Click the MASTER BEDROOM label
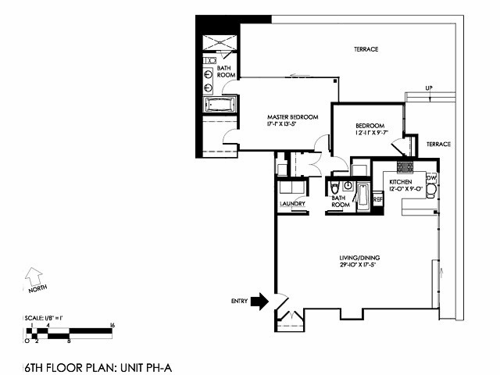click(x=293, y=117)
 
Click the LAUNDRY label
click(x=292, y=205)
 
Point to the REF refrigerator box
click(x=378, y=200)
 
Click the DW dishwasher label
click(x=430, y=178)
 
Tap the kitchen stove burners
click(x=405, y=167)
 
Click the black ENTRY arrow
click(x=259, y=302)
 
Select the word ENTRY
click(x=239, y=302)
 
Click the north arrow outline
click(x=33, y=275)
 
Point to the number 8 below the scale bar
click(x=69, y=341)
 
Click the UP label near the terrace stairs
click(x=429, y=87)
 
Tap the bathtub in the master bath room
click(x=219, y=105)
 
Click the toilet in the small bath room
click(x=334, y=188)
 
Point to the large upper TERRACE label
click(x=366, y=49)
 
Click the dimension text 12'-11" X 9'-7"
click(x=370, y=134)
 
